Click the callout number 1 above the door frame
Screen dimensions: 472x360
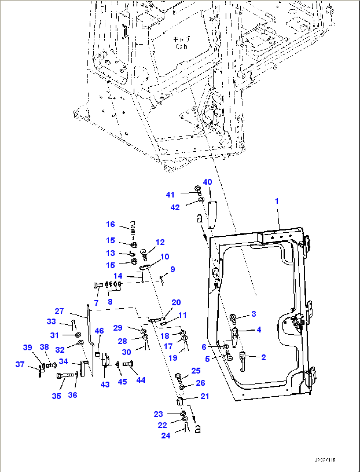(277, 201)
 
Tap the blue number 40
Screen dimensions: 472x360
(207, 182)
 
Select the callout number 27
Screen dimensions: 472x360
(59, 311)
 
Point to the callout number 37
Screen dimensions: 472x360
(20, 364)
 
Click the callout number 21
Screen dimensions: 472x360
(205, 396)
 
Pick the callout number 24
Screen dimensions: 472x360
(166, 436)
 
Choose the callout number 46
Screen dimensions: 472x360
(99, 331)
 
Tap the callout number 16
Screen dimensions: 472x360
(110, 224)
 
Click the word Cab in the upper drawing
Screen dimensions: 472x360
(181, 47)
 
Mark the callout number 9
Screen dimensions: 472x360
(172, 269)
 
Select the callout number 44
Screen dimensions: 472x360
(141, 380)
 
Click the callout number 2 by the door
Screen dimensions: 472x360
(263, 357)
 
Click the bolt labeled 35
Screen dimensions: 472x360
(65, 376)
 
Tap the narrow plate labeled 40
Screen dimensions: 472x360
(211, 214)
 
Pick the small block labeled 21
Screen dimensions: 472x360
(179, 402)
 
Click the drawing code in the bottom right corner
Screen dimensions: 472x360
(325, 460)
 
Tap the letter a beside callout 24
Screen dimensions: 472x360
(198, 429)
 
